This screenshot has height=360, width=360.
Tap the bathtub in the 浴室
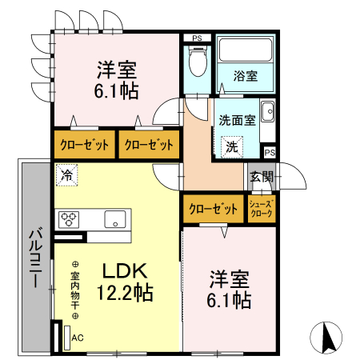pos(245,54)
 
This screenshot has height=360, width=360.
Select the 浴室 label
pos(245,78)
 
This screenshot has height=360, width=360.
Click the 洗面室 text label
pos(237,120)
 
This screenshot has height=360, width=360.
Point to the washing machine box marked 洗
pos(230,146)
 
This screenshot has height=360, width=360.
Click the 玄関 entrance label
pos(261,177)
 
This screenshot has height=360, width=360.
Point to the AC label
pos(78,338)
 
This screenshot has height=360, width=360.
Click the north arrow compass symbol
pos(328,336)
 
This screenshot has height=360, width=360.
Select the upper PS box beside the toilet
pos(197,38)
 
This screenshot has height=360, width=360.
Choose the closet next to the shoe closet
pos(213,210)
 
